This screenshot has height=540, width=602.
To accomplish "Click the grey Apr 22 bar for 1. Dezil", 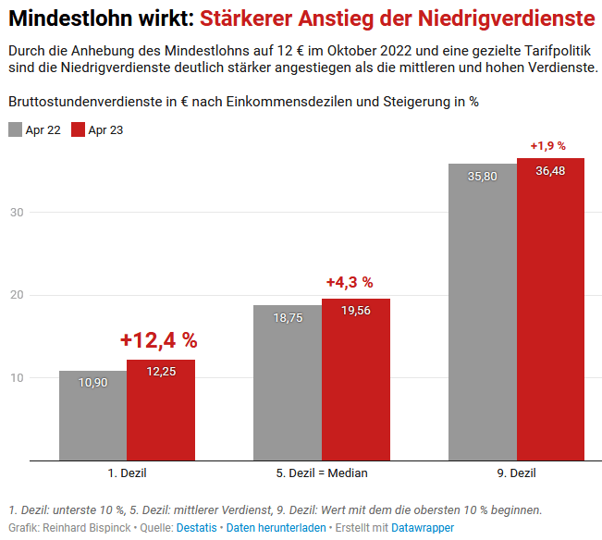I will click(92, 415).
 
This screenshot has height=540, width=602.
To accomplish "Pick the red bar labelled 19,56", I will click(356, 379).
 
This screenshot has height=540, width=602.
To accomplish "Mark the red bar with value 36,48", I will click(550, 309).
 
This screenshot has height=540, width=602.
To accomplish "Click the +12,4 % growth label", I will click(158, 340).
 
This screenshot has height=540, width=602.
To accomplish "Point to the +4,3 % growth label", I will click(350, 282).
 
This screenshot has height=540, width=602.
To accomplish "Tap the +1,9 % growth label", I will click(547, 146).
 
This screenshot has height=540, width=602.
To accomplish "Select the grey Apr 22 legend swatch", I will click(15, 129).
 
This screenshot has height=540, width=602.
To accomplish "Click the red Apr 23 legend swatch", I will click(78, 129).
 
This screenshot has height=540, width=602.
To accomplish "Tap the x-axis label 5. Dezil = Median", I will click(322, 473).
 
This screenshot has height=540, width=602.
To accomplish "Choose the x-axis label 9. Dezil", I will click(516, 473).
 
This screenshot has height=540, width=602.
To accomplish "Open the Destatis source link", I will click(197, 528).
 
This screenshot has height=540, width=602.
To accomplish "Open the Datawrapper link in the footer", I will click(423, 528).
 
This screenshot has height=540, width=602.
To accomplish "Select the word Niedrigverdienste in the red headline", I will click(498, 17).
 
